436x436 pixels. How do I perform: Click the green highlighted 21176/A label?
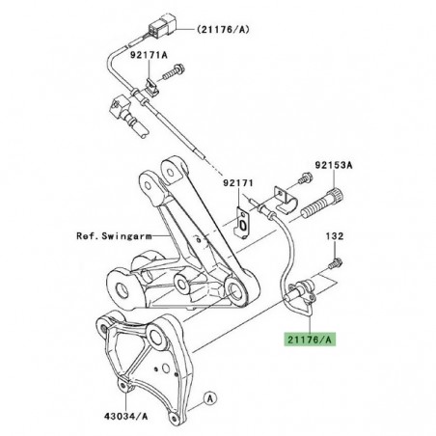309,339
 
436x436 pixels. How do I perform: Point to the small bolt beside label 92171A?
180,68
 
